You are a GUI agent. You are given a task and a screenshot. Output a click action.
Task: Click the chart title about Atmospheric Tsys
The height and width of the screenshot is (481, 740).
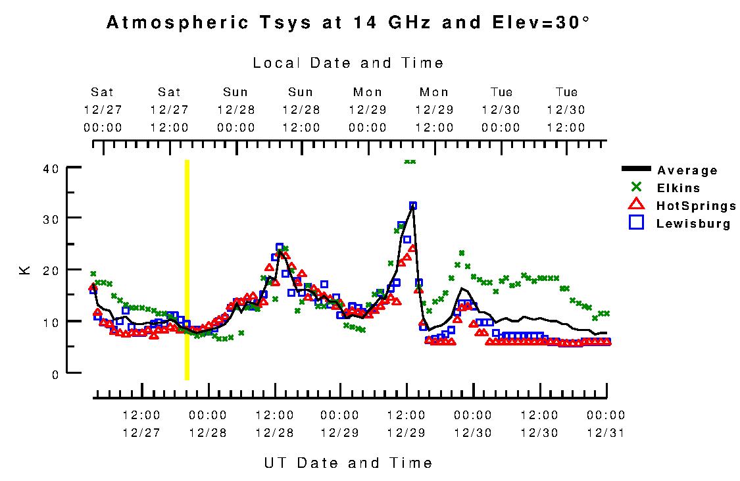point(348,23)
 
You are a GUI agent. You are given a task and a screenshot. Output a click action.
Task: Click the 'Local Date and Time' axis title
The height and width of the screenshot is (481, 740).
point(348,63)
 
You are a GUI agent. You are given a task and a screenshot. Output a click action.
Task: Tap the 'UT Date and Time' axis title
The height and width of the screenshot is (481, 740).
point(348,463)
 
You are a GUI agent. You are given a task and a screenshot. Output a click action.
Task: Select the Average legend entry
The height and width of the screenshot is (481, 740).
point(687,170)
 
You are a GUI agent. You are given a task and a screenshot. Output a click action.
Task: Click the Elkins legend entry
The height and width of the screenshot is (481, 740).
point(678,188)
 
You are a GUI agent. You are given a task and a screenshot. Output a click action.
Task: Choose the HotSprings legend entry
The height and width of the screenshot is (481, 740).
point(696,206)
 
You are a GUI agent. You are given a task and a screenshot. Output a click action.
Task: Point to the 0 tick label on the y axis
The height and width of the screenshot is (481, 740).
point(55,374)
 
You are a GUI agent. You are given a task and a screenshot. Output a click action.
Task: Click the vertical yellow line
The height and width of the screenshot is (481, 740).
point(187,270)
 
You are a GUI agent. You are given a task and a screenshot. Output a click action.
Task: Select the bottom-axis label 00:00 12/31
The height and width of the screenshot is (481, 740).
point(606,424)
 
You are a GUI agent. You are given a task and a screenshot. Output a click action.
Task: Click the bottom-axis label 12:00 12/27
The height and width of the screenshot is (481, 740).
point(141,424)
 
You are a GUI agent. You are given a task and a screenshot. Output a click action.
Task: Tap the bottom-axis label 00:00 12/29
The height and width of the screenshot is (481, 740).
point(340,424)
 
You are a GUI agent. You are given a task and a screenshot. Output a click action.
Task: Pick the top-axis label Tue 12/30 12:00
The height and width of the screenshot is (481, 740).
point(566,109)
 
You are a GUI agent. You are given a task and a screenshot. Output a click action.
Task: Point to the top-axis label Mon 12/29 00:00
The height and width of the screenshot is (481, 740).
point(368,109)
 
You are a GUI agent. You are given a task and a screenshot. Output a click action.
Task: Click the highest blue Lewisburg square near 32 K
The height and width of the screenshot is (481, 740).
point(413,206)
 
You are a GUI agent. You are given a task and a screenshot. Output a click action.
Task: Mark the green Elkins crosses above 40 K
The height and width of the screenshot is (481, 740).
point(410,161)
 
